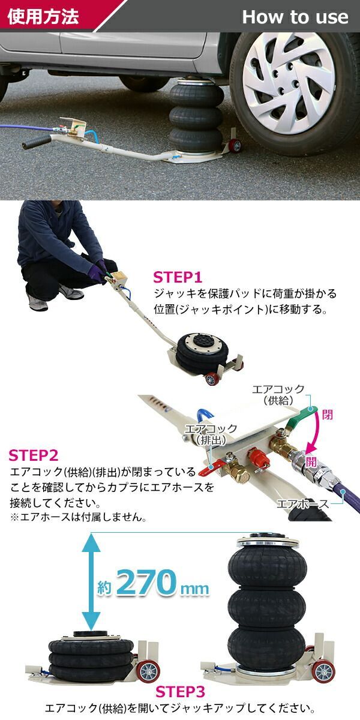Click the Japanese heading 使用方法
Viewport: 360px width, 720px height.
click(x=43, y=16)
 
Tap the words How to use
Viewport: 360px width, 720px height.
click(x=295, y=17)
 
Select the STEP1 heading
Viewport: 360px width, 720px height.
click(x=178, y=277)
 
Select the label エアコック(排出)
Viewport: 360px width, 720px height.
click(x=210, y=434)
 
